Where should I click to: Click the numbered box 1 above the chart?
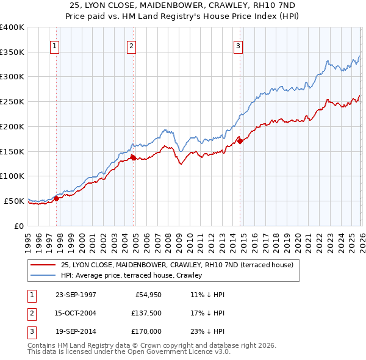click(x=55, y=45)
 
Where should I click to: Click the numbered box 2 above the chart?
click(x=131, y=45)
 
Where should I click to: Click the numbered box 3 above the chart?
click(x=238, y=45)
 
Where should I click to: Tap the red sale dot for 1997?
click(x=57, y=198)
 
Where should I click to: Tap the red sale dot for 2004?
click(x=133, y=157)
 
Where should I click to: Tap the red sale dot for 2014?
click(x=240, y=141)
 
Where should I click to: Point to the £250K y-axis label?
click(x=12, y=102)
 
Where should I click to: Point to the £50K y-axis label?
click(x=14, y=201)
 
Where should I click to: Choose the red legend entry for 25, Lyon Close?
click(x=178, y=265)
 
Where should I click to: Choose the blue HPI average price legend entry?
click(x=135, y=276)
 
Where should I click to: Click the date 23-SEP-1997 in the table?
click(x=76, y=294)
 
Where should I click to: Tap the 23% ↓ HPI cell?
click(x=208, y=332)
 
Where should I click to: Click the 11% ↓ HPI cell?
click(x=208, y=294)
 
